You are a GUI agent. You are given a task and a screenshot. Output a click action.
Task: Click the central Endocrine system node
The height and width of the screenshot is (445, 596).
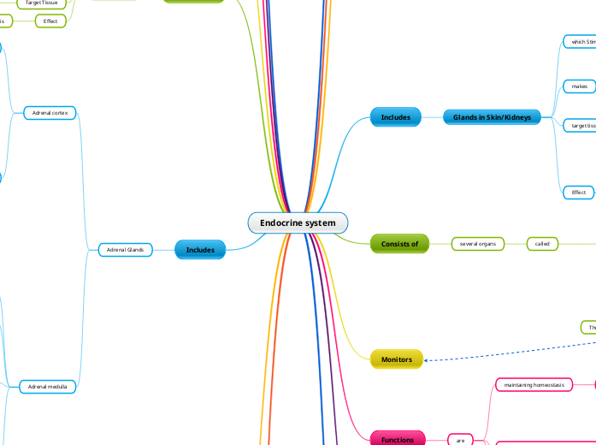click(298, 223)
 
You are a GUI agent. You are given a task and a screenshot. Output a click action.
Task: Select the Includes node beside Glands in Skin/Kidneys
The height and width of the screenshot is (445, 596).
click(395, 117)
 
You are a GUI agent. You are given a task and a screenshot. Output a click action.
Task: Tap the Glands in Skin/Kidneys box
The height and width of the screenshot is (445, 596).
click(492, 117)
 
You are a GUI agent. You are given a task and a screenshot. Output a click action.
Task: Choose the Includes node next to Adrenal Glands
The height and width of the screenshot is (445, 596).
click(200, 250)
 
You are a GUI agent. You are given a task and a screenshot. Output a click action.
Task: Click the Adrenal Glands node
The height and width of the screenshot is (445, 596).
click(124, 250)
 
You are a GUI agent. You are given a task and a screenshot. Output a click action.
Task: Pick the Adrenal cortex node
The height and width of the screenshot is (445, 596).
click(50, 113)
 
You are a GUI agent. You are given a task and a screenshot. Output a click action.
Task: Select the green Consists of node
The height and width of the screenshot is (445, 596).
click(399, 244)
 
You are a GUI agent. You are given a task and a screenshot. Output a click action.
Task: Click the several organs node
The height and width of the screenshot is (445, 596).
click(478, 244)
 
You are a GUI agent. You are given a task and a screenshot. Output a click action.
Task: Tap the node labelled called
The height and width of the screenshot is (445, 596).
click(542, 244)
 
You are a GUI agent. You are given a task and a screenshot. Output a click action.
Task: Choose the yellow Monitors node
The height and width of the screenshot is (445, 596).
click(396, 359)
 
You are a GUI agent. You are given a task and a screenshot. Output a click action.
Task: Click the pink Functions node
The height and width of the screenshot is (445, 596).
click(397, 440)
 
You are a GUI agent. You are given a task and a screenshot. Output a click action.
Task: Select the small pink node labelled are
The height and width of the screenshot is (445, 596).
click(460, 440)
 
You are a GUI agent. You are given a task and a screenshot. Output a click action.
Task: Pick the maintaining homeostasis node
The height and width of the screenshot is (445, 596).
click(534, 385)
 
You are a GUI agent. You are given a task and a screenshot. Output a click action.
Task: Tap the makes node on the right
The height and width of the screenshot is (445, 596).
click(579, 86)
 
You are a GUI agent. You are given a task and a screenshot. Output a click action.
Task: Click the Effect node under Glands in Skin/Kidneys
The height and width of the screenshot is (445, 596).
click(579, 193)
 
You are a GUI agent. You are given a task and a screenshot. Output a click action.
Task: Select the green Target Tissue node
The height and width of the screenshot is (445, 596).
click(41, 3)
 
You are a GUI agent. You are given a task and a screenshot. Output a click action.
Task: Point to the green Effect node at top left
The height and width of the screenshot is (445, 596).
click(50, 21)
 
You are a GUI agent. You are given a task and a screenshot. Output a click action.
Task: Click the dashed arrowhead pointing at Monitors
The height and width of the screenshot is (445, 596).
click(427, 360)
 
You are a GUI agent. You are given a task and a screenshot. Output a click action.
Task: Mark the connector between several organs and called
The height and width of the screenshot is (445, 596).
click(516, 244)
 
